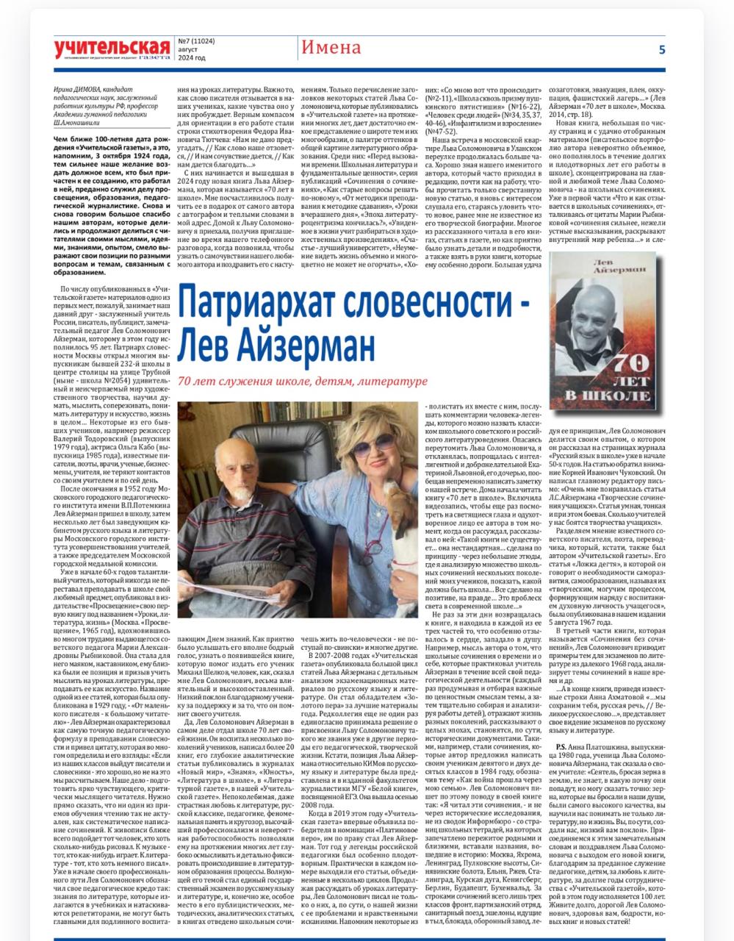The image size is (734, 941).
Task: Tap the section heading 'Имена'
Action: click(x=331, y=49)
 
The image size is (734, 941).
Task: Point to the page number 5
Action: click(x=661, y=50)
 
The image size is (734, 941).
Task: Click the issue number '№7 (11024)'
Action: click(x=196, y=42)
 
